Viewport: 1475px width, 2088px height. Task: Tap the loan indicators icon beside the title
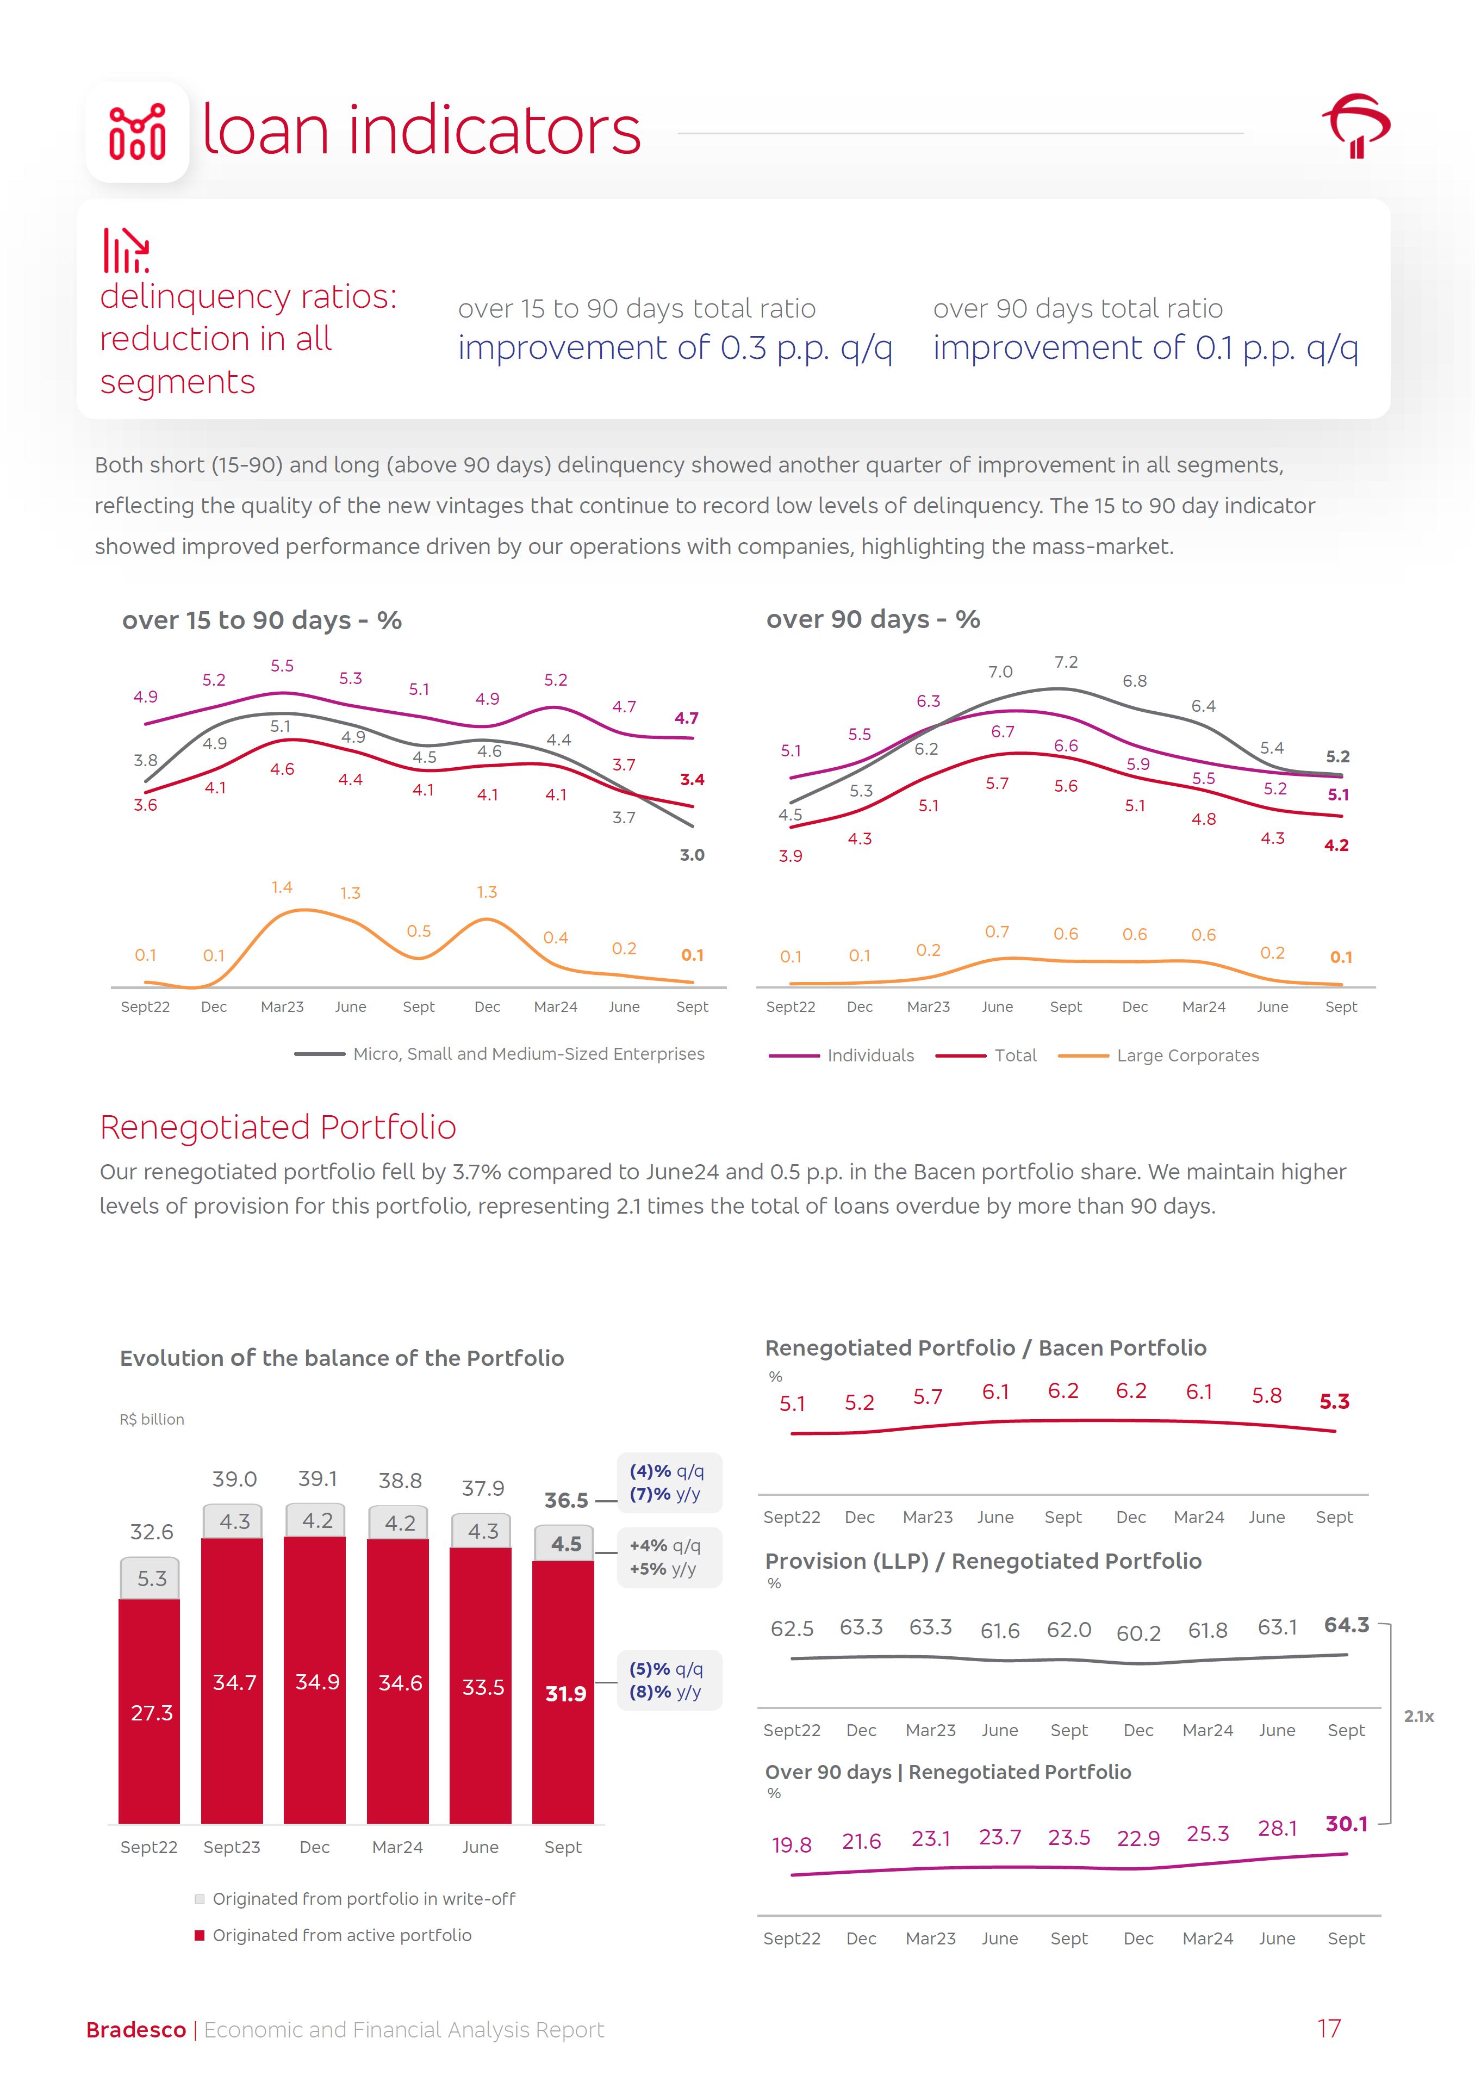[138, 133]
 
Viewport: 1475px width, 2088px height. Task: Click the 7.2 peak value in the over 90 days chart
[1066, 663]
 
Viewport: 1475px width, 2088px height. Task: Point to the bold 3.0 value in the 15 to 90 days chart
[692, 855]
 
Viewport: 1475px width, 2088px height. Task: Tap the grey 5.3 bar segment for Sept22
[151, 1579]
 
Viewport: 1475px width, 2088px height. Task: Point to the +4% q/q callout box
[668, 1557]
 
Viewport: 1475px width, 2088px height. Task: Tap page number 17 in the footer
[1329, 2029]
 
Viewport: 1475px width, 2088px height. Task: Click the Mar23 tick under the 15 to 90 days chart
[282, 1006]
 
